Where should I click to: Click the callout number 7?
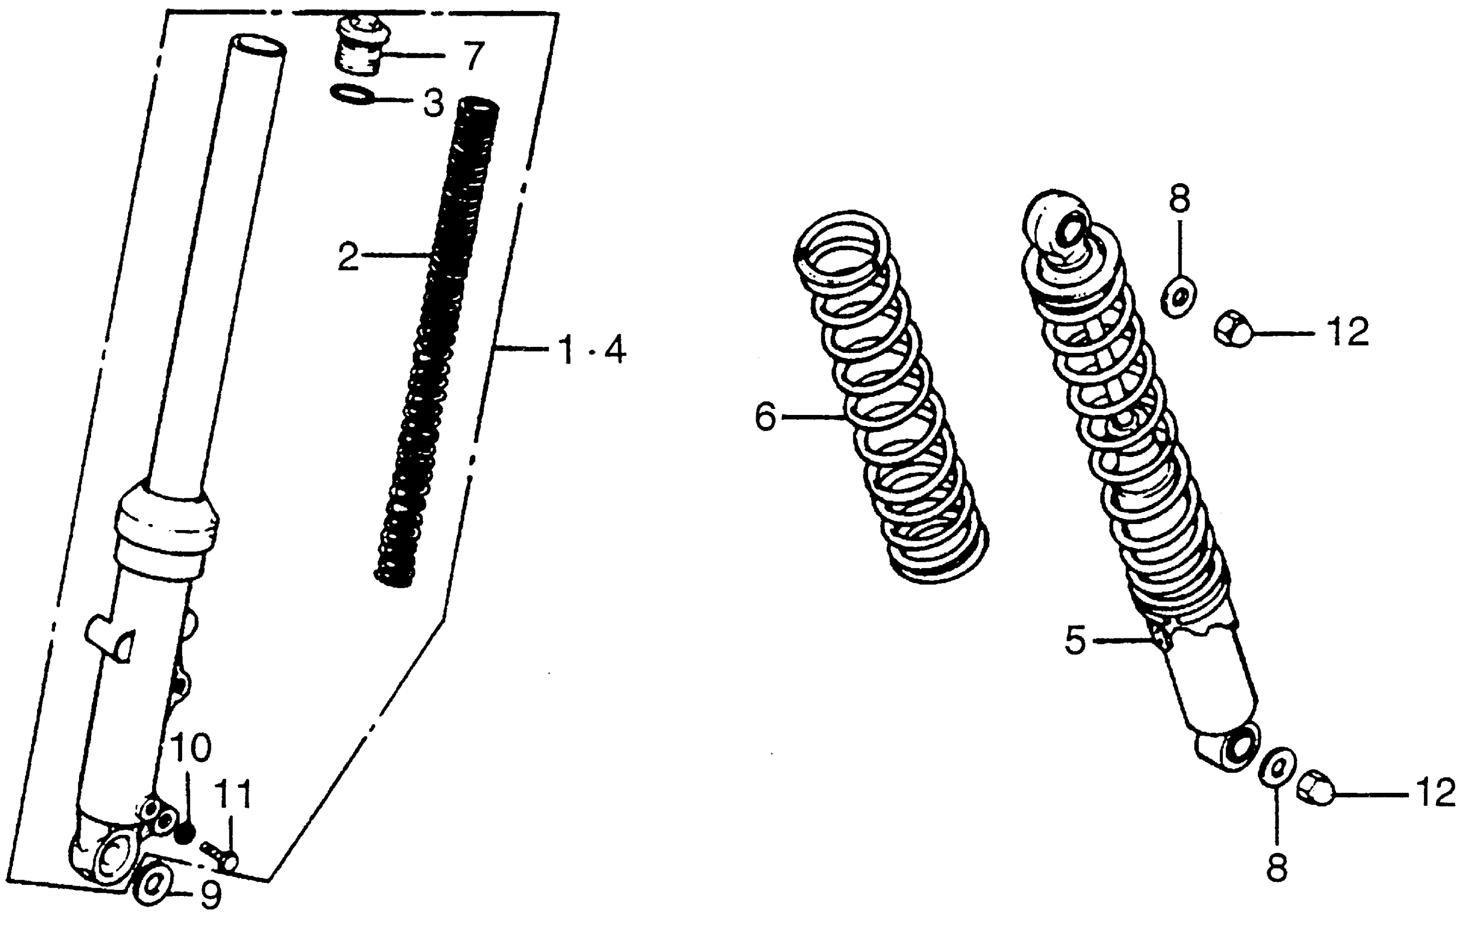coord(472,56)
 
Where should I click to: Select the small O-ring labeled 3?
coord(352,95)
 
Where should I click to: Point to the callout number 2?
coord(348,256)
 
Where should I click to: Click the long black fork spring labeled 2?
coord(437,342)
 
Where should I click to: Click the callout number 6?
coord(765,417)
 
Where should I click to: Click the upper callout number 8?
coord(1179,198)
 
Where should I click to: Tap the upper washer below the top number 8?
coord(1178,296)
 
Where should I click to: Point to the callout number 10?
coord(191,747)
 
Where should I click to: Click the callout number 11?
coord(233,795)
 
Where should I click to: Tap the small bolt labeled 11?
coord(220,855)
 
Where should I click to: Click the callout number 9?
coord(210,896)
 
